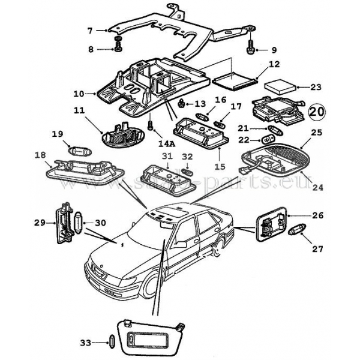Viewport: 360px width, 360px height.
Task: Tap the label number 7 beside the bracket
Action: coord(90,30)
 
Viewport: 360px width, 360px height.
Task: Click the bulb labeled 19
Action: coord(80,151)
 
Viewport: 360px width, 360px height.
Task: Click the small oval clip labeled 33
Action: coord(112,343)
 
